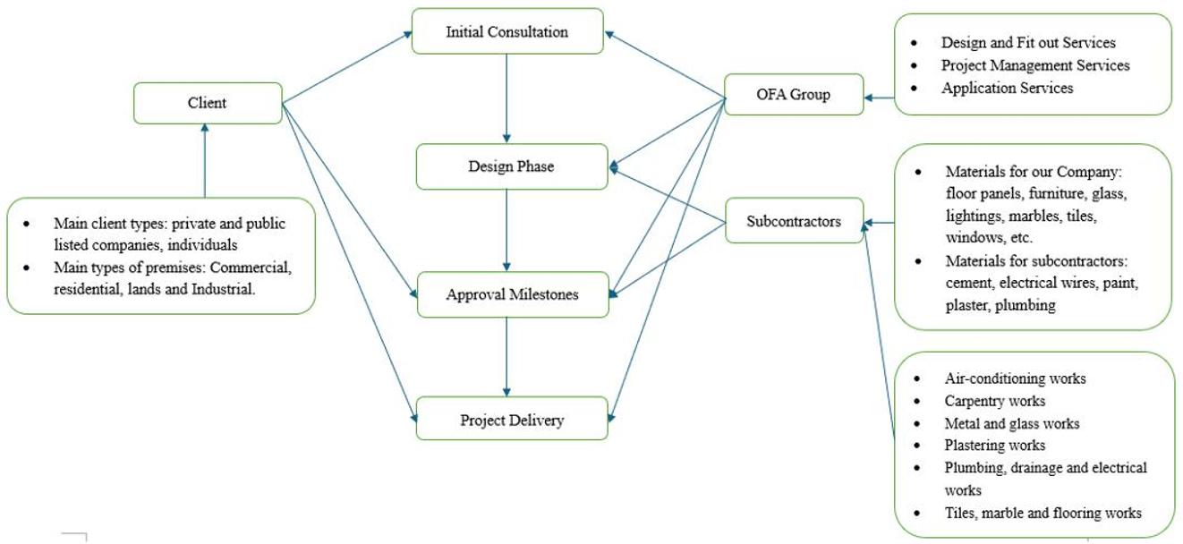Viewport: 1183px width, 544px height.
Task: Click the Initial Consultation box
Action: (x=507, y=31)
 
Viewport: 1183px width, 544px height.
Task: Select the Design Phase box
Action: (x=512, y=166)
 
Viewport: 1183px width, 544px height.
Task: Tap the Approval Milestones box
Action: (x=513, y=294)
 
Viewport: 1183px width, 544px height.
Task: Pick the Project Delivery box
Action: (x=512, y=419)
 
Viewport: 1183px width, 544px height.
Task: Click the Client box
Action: (x=208, y=103)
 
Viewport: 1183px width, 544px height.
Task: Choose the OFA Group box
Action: (x=794, y=95)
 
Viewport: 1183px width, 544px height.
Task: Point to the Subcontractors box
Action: (x=795, y=221)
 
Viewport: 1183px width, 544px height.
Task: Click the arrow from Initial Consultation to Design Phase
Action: (x=506, y=98)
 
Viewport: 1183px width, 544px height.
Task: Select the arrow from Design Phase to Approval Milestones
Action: (x=506, y=230)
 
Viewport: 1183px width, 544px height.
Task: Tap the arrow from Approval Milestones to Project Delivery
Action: (x=506, y=357)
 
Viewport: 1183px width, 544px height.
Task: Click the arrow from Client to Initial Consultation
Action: (x=347, y=66)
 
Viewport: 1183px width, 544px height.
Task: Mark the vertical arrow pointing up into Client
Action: (x=205, y=160)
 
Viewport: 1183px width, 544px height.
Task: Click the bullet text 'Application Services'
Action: (x=1007, y=88)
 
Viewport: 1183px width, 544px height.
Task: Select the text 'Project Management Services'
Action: (x=1035, y=65)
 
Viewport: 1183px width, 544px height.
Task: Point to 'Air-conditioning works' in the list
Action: (x=1015, y=378)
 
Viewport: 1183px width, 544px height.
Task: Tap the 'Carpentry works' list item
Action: (x=994, y=401)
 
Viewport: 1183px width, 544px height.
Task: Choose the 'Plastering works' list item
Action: (x=994, y=446)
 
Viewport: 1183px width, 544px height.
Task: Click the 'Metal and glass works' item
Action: (x=1012, y=423)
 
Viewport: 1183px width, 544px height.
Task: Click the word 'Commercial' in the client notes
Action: (x=251, y=268)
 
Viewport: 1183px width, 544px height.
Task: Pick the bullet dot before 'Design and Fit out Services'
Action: (x=915, y=43)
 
